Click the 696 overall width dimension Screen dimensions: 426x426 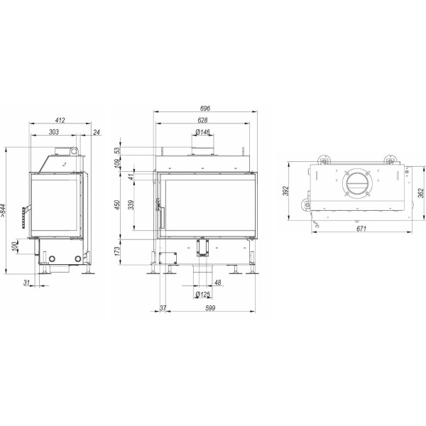(205, 108)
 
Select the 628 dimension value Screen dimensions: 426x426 (202, 120)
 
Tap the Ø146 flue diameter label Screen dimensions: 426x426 (202, 132)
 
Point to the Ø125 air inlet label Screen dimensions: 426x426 (202, 294)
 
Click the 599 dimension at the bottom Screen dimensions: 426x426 (210, 308)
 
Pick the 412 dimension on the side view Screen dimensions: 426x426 (60, 120)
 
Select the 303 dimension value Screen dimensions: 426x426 (54, 132)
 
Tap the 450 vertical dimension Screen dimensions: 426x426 (117, 205)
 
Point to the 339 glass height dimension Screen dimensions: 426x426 (131, 205)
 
